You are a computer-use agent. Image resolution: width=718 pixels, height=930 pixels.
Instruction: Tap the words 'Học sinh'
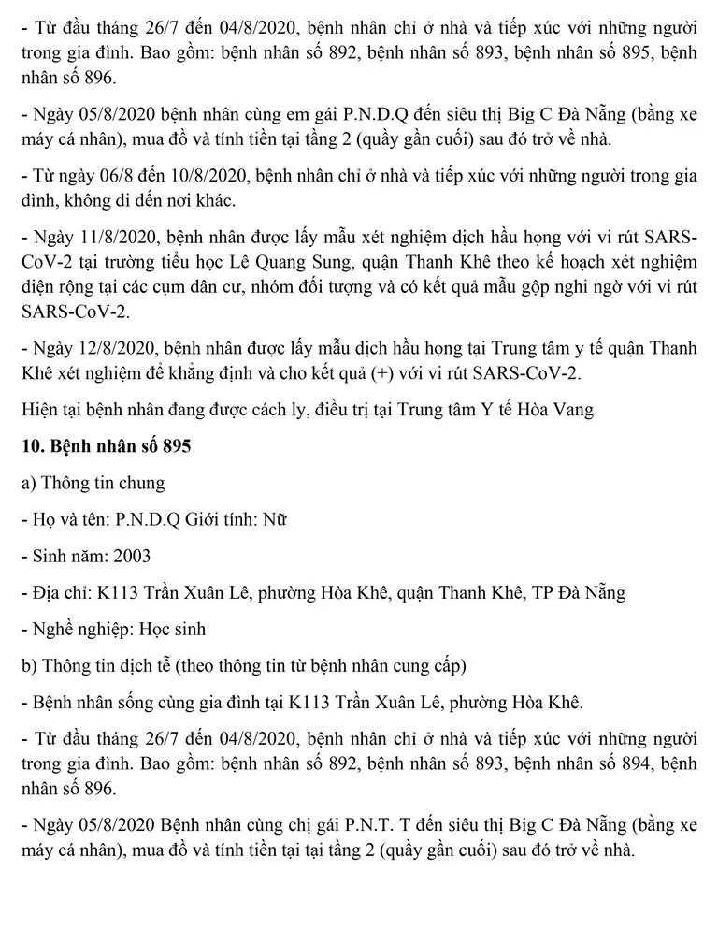[x=173, y=629]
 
